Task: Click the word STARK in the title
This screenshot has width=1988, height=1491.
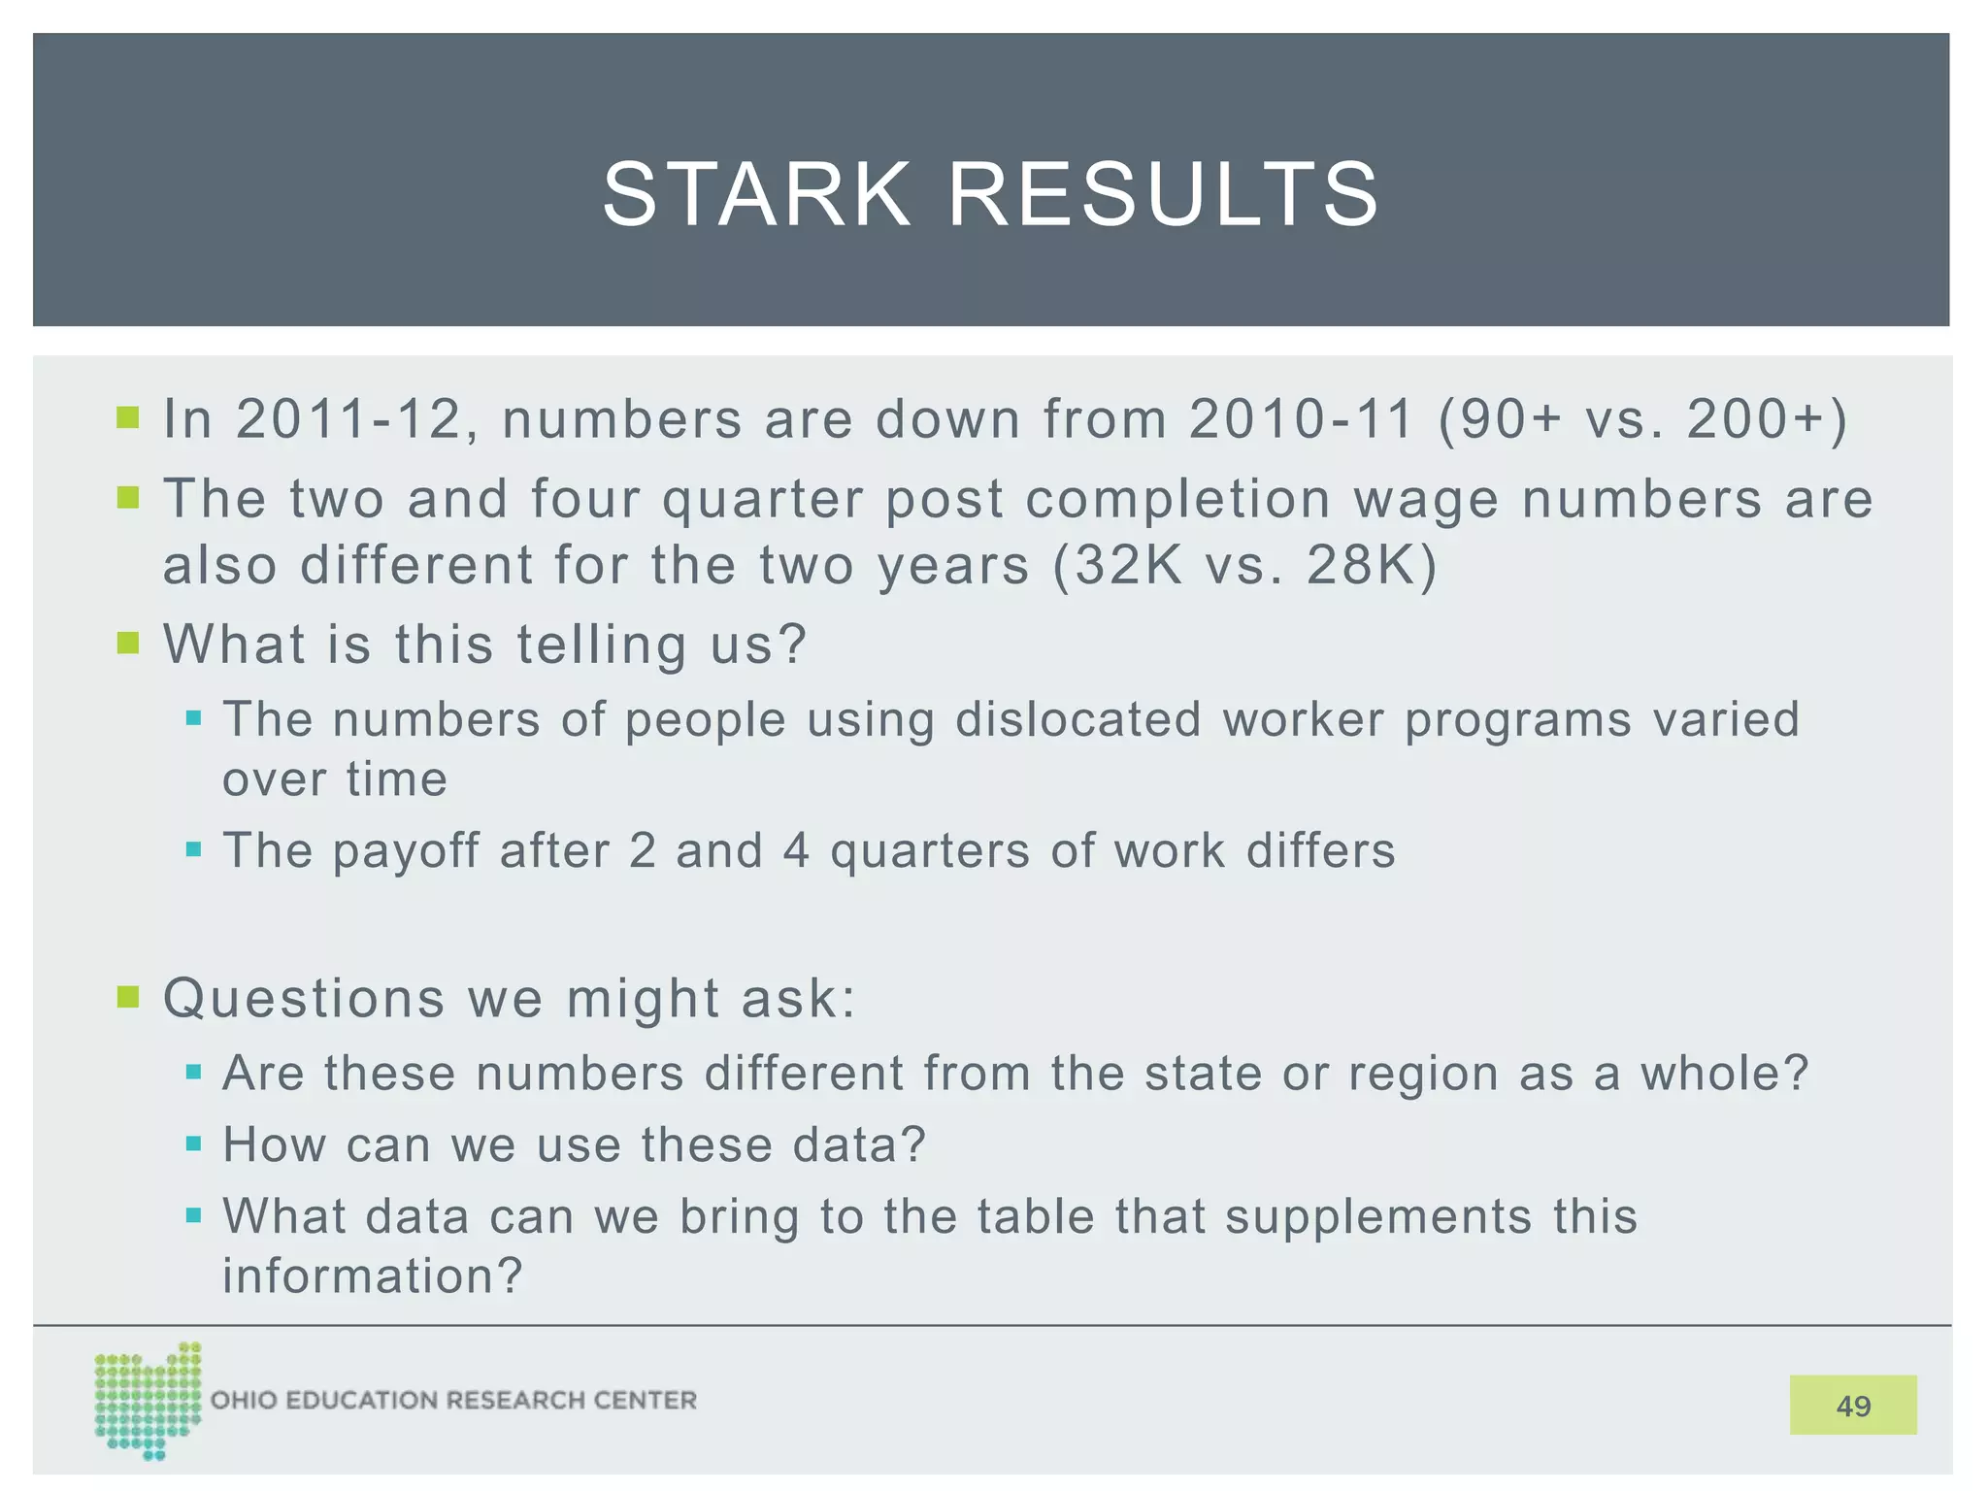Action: pyautogui.click(x=756, y=195)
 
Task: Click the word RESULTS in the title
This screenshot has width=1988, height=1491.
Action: pyautogui.click(x=1162, y=195)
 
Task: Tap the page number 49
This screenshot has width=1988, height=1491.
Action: pyautogui.click(x=1852, y=1405)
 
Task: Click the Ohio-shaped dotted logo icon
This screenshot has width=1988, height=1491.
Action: pyautogui.click(x=148, y=1400)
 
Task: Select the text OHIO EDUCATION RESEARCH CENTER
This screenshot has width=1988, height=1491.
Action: pyautogui.click(x=453, y=1400)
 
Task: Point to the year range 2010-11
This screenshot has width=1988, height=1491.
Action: pyautogui.click(x=1301, y=419)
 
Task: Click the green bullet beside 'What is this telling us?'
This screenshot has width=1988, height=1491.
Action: pyautogui.click(x=128, y=643)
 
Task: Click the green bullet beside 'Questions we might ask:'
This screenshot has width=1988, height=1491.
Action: pyautogui.click(x=128, y=997)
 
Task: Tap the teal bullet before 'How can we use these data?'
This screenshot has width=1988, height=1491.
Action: pyautogui.click(x=193, y=1144)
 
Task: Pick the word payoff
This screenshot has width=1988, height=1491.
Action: pyautogui.click(x=406, y=851)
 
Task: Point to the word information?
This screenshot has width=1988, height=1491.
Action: pyautogui.click(x=373, y=1276)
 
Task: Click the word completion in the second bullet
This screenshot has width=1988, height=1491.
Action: pyautogui.click(x=1177, y=499)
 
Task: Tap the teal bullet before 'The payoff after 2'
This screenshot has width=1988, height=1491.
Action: pyautogui.click(x=193, y=850)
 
